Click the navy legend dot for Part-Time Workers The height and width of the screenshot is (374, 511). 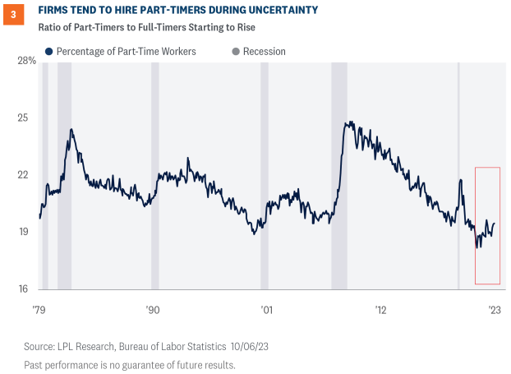[x=49, y=52]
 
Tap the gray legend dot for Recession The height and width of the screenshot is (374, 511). [x=236, y=52]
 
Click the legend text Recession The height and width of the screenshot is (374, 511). [x=265, y=52]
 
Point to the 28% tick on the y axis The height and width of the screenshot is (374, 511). [x=26, y=61]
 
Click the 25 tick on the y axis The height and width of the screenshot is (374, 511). [x=30, y=118]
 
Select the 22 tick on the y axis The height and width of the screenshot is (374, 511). [x=30, y=175]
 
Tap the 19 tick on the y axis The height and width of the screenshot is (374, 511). [x=30, y=232]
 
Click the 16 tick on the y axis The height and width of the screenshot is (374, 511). [x=30, y=289]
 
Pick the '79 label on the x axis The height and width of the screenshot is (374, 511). [x=40, y=310]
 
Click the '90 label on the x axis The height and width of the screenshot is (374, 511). [x=152, y=310]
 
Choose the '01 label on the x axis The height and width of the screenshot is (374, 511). [x=266, y=310]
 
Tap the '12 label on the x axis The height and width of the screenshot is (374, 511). [x=380, y=310]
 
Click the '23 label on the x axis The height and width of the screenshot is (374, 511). [x=495, y=310]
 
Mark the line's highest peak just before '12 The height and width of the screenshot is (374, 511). [x=348, y=122]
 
